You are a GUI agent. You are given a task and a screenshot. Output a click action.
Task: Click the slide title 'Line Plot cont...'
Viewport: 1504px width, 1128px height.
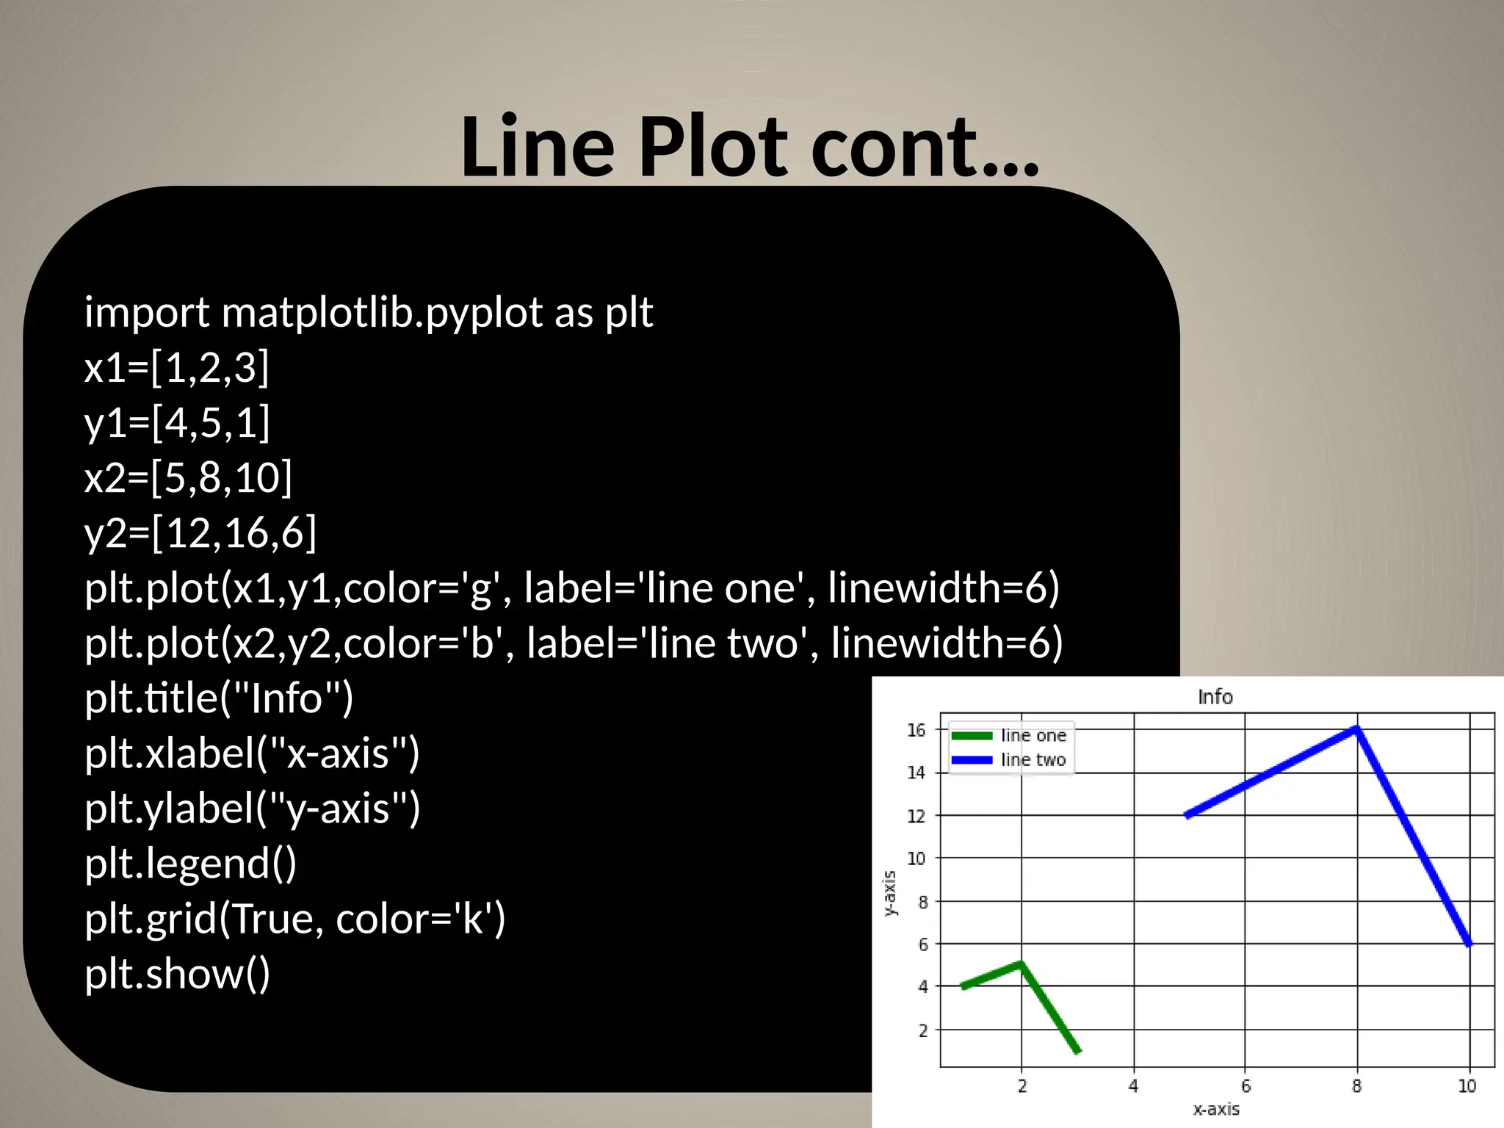(749, 147)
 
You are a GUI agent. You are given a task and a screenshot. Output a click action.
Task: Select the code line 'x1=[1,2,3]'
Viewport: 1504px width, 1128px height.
(177, 367)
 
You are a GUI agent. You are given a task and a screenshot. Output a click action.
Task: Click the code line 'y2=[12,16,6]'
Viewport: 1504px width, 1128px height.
(200, 532)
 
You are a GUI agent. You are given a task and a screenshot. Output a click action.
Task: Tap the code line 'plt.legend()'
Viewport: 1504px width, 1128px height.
(190, 864)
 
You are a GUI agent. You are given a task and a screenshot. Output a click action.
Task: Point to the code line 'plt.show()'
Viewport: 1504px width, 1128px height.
(177, 974)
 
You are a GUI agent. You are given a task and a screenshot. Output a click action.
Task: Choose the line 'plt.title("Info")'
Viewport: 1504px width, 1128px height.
(219, 698)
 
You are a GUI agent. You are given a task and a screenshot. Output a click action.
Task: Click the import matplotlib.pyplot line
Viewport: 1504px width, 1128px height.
(368, 313)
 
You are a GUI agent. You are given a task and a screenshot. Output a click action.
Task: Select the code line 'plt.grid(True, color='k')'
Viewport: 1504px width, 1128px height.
(294, 919)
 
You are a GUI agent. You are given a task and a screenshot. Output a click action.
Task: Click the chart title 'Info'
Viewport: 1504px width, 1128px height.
(1215, 697)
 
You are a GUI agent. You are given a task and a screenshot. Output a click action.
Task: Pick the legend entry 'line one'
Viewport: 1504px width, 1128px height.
(1033, 736)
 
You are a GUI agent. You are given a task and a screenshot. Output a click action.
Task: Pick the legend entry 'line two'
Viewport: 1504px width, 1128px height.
(1033, 760)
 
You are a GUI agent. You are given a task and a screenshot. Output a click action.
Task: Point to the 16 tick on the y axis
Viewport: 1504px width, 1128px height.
(916, 730)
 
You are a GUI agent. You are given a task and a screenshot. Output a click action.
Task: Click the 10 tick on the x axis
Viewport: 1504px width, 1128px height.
(1467, 1086)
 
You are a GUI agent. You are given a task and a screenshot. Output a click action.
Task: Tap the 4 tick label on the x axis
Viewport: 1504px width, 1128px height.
(1133, 1086)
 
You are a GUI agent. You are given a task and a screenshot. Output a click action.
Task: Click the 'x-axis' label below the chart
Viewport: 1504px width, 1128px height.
(1216, 1110)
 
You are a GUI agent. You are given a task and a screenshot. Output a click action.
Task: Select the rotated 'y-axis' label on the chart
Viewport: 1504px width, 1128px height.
(889, 893)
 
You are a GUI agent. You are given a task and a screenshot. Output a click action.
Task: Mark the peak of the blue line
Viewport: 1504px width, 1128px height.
(1356, 729)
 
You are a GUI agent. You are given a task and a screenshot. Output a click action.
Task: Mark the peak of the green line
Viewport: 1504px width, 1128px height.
(1021, 963)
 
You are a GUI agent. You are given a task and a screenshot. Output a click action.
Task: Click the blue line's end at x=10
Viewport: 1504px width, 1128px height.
(1469, 943)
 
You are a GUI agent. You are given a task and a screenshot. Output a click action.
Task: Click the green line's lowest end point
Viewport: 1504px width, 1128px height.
(1077, 1051)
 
